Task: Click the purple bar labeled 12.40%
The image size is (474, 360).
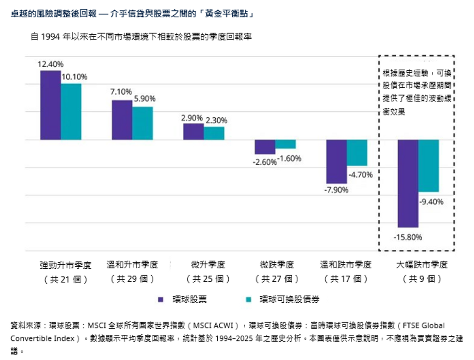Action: tap(51, 105)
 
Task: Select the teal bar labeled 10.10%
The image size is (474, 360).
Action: tap(71, 112)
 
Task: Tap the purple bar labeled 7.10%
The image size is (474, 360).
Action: tap(122, 120)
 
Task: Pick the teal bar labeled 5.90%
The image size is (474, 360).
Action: tap(143, 123)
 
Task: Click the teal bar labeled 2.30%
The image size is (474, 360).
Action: tap(214, 133)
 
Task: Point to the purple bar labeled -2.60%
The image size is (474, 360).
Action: tap(265, 147)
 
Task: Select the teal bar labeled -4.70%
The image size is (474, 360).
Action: tap(357, 153)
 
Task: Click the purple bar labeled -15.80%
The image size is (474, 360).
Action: tap(408, 184)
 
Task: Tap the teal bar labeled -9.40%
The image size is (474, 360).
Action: tap(429, 166)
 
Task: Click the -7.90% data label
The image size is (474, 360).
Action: tap(336, 190)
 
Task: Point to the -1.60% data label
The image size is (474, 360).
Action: tap(289, 158)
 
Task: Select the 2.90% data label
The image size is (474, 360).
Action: tap(192, 118)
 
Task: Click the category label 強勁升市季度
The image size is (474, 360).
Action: tap(66, 265)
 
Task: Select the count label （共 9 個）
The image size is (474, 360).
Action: tap(422, 279)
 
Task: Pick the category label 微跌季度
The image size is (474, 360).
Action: tap(277, 264)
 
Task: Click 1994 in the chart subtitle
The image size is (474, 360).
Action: tap(50, 37)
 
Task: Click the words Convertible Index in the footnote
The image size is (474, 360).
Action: tap(42, 338)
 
